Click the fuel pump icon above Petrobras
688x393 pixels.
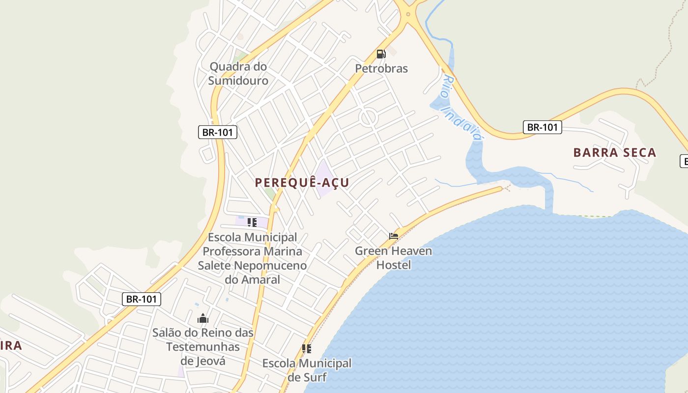pos(381,54)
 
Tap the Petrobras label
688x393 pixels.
pos(381,68)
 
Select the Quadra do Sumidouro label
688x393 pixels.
pos(238,74)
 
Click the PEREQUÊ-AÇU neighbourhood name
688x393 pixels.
pos(302,183)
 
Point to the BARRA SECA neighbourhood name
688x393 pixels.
pos(615,152)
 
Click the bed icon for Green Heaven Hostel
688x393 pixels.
pos(394,236)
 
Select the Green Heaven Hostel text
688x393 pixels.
pos(394,258)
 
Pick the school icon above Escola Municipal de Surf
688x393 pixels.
pos(307,349)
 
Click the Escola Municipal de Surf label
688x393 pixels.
pos(307,370)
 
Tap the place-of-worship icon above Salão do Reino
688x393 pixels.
pos(203,319)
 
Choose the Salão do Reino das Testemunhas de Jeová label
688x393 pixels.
pos(203,346)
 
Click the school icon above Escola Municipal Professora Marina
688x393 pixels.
pos(252,223)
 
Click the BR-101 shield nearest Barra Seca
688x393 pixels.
pos(542,127)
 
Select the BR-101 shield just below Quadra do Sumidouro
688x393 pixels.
pos(218,132)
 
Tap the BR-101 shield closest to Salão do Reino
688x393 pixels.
pos(142,299)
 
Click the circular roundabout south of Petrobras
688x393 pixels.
pos(368,118)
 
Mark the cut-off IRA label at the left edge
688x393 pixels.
pos(11,345)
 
